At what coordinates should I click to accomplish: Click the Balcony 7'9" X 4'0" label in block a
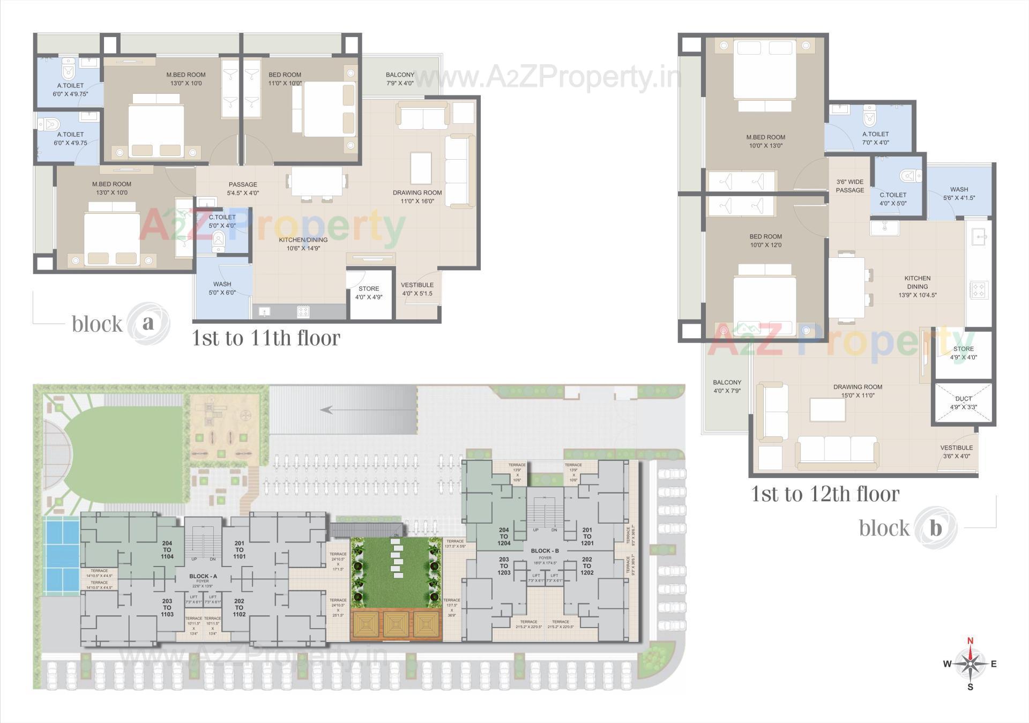(x=400, y=79)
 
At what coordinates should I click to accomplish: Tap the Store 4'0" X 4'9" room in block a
(x=369, y=293)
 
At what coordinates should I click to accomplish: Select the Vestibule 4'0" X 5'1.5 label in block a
(x=417, y=289)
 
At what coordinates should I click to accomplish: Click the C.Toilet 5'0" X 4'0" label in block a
(x=222, y=221)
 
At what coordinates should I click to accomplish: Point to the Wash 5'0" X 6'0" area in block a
(x=222, y=288)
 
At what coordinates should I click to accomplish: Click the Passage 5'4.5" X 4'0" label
(x=243, y=188)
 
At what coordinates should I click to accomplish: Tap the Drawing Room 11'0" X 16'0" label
(x=417, y=197)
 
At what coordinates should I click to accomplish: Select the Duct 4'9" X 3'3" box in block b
(x=963, y=403)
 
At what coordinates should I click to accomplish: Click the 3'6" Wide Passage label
(x=850, y=186)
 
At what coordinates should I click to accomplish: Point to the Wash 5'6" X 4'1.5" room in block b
(x=959, y=193)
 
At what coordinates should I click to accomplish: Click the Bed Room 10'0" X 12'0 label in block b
(x=765, y=241)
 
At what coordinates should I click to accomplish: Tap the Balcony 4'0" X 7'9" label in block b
(x=727, y=386)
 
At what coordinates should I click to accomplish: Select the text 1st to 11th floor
(x=266, y=338)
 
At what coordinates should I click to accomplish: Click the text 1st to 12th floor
(x=825, y=494)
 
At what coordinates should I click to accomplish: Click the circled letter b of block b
(x=935, y=528)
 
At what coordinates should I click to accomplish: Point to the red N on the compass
(x=970, y=640)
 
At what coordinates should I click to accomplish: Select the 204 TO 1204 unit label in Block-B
(x=504, y=536)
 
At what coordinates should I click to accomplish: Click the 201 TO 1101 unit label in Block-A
(x=239, y=550)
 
